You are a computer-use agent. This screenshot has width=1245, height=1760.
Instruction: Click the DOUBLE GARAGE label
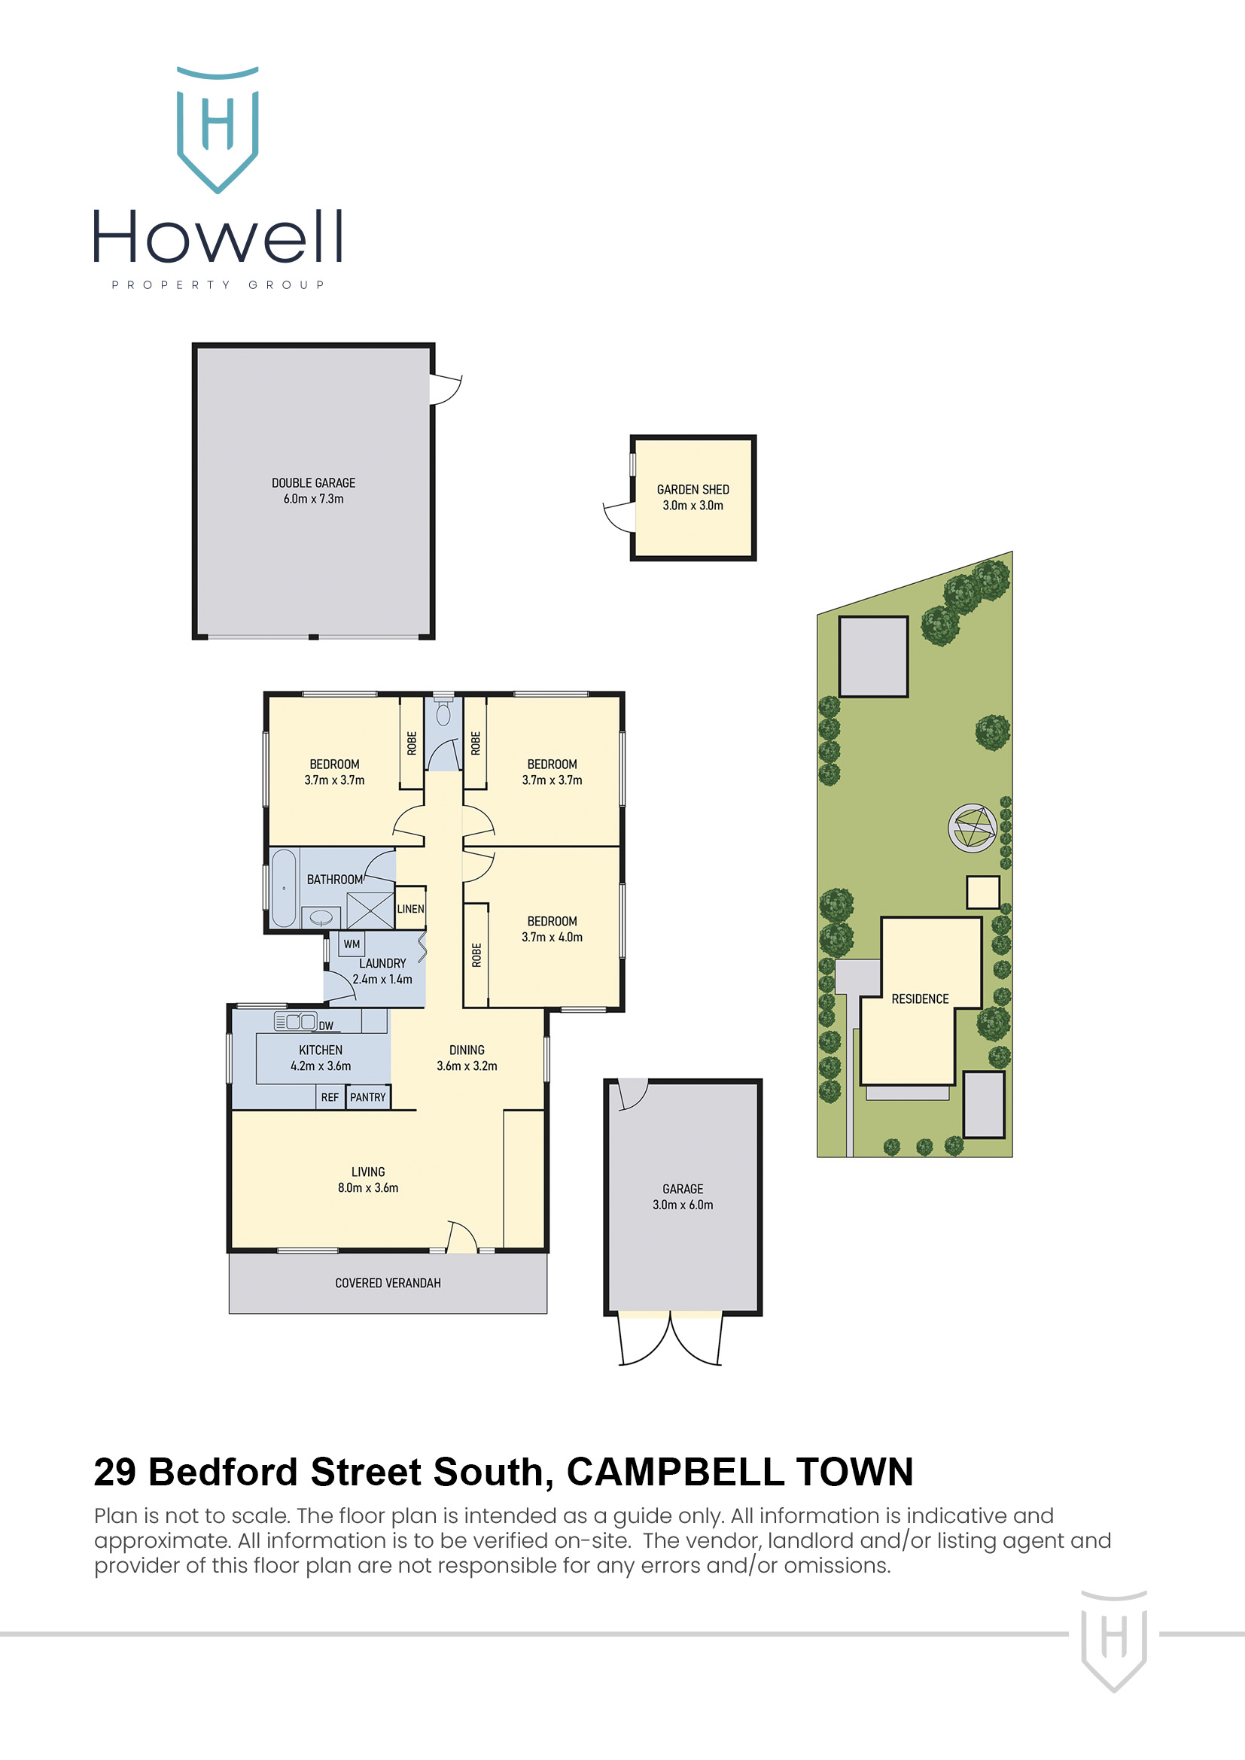[314, 483]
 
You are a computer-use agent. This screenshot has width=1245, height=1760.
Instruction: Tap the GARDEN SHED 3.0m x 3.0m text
[693, 497]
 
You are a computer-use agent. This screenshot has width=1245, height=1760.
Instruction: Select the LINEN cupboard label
[410, 909]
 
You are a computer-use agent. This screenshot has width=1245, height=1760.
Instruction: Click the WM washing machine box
[352, 944]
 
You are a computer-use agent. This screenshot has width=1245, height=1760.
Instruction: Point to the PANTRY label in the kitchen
[368, 1097]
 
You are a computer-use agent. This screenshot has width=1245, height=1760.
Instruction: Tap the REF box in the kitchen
[330, 1098]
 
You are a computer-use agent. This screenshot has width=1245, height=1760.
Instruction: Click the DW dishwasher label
[326, 1026]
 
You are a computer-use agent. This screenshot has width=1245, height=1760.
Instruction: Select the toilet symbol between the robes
[443, 713]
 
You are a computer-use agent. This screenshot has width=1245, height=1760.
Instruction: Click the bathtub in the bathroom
[284, 889]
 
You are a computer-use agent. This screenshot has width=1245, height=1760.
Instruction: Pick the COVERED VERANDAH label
[388, 1283]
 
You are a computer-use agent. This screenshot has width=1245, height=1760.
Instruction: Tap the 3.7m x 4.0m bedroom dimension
[552, 938]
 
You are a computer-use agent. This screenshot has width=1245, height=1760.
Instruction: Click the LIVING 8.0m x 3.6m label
[368, 1180]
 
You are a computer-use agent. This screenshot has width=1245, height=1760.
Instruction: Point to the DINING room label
[467, 1050]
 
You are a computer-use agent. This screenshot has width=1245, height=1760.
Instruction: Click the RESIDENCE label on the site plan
[920, 999]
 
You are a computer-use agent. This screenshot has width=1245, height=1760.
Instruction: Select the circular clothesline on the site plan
[972, 828]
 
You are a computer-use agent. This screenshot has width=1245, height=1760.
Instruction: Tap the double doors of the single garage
[670, 1339]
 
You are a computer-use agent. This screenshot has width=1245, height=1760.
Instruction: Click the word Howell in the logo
[218, 238]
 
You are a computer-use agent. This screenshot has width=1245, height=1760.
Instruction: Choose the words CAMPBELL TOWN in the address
[739, 1473]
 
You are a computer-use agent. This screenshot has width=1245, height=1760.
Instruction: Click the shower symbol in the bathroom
[370, 910]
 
